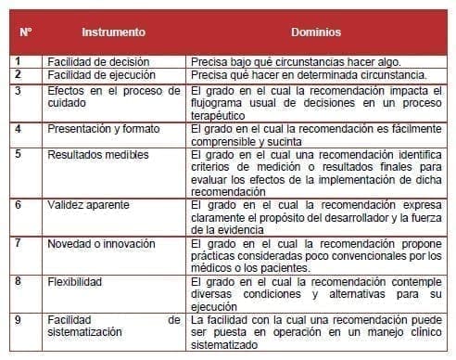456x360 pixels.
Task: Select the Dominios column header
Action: (x=315, y=32)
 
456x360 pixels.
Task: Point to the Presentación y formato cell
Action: (x=104, y=129)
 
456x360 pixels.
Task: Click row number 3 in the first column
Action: (x=19, y=91)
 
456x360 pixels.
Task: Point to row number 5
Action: (x=19, y=154)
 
